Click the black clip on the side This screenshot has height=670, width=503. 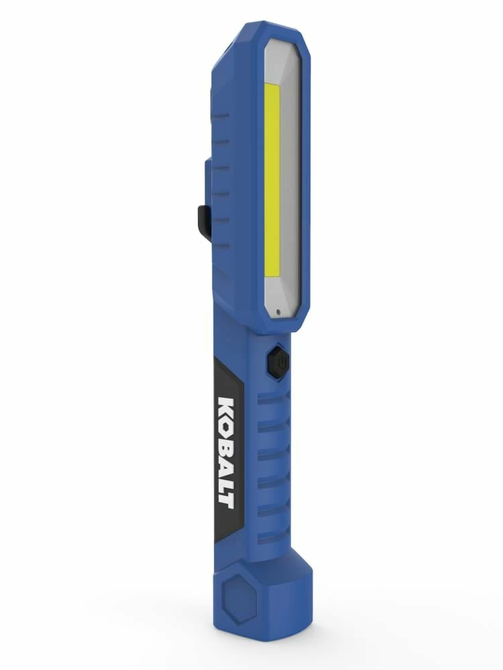tap(204, 222)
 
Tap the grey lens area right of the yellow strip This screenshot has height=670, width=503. tap(290, 188)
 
